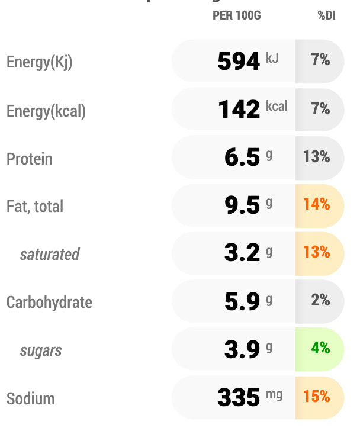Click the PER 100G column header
[x=236, y=16]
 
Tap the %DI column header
[x=326, y=16]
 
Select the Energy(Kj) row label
[x=40, y=63]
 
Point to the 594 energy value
[x=239, y=62]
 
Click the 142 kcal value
[x=239, y=110]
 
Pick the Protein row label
[x=30, y=159]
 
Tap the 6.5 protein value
[x=242, y=157]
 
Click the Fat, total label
[x=35, y=207]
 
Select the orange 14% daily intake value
[x=316, y=205]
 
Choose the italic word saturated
[x=50, y=255]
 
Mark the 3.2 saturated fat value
[x=242, y=253]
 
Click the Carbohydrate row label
[x=49, y=303]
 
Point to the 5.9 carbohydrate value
[x=242, y=301]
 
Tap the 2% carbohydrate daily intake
[x=320, y=300]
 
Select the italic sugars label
[x=41, y=350]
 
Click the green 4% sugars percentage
[x=320, y=348]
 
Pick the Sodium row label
[x=31, y=398]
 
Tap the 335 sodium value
[x=239, y=398]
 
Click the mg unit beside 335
[x=274, y=394]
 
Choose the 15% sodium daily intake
[x=316, y=397]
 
